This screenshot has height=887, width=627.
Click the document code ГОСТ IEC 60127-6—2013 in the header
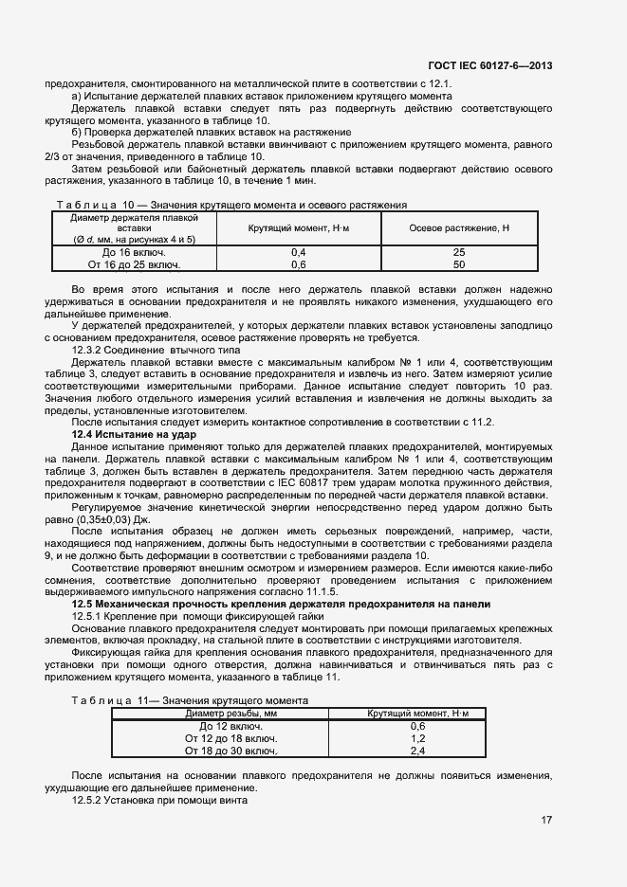pyautogui.click(x=489, y=65)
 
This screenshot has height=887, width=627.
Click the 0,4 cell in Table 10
pyautogui.click(x=298, y=252)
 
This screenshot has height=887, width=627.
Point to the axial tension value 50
pyautogui.click(x=459, y=264)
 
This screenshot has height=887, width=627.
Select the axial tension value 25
pyautogui.click(x=459, y=252)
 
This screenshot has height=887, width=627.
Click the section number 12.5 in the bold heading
pyautogui.click(x=88, y=604)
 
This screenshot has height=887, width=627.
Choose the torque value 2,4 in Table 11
pyautogui.click(x=417, y=750)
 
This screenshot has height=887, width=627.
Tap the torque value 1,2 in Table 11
pyautogui.click(x=417, y=737)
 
